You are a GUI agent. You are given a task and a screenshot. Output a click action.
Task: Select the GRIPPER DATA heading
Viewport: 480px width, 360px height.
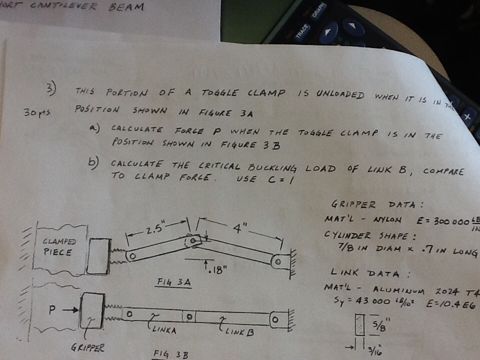[x=377, y=205]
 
